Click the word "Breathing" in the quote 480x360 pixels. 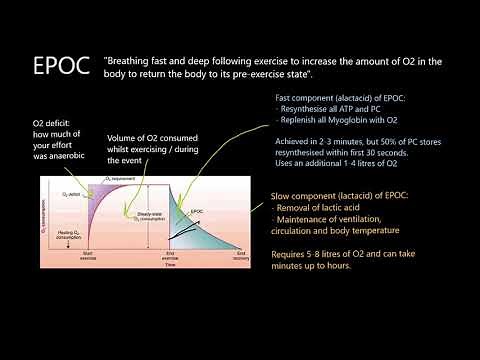tap(136, 62)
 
